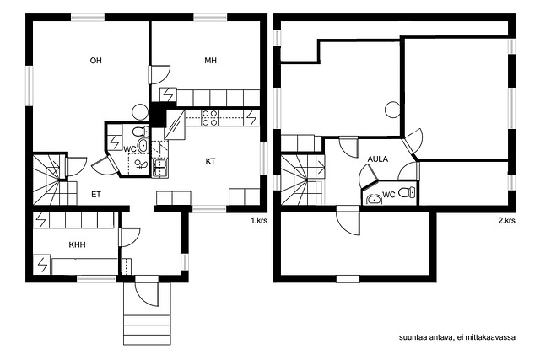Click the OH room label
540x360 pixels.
click(95, 61)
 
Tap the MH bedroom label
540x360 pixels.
click(210, 61)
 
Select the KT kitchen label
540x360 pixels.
click(210, 161)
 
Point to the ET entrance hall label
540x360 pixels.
click(96, 195)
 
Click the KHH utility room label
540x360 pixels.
click(77, 244)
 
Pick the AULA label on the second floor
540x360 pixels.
click(378, 159)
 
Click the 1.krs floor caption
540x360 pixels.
click(259, 220)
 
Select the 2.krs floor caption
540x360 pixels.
click(506, 220)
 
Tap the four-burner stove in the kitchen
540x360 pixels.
click(209, 118)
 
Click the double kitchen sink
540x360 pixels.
click(160, 168)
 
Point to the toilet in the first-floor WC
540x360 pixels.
click(140, 132)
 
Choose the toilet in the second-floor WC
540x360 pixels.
click(407, 193)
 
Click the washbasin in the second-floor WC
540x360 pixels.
click(374, 199)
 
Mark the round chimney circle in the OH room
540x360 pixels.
click(140, 112)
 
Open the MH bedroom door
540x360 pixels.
click(159, 74)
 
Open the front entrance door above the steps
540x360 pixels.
click(147, 291)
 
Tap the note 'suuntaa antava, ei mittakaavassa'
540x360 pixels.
click(457, 337)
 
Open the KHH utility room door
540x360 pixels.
click(129, 237)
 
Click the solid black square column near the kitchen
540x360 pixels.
click(157, 115)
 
